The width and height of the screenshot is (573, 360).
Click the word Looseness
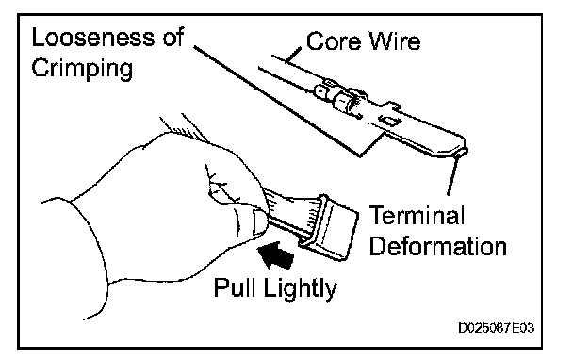tap(94, 38)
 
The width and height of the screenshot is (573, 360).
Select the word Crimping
tap(82, 69)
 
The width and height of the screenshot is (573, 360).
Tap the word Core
tap(332, 41)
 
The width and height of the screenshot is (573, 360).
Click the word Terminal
tap(417, 215)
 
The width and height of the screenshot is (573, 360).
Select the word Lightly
tap(300, 288)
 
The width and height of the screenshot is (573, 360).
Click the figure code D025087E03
tap(497, 327)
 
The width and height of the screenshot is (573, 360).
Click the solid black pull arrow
tap(276, 254)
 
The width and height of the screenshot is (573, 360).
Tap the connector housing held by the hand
tap(328, 226)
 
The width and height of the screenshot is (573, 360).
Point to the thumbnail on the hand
tap(259, 222)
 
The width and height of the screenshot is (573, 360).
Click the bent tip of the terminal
tap(463, 151)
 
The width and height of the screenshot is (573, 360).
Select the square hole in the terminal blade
tap(388, 119)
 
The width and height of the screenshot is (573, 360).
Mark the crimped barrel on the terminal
tap(343, 101)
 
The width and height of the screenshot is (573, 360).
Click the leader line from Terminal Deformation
tap(453, 173)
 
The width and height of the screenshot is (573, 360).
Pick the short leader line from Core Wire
tap(294, 55)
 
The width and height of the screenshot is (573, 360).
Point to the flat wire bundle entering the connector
tap(292, 215)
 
